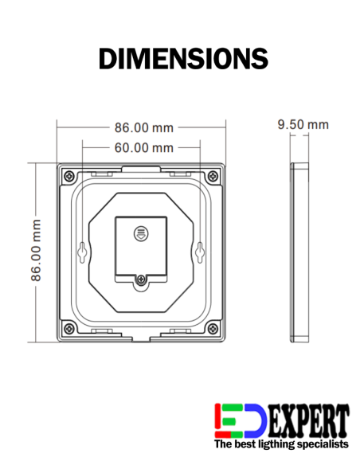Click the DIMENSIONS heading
(183, 58)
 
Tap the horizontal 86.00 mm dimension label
(144, 128)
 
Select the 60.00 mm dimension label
(144, 147)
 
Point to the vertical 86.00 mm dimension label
(36, 250)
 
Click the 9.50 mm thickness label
(303, 124)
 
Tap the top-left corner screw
(69, 176)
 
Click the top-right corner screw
(213, 176)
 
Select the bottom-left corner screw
(69, 328)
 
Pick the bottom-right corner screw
(213, 328)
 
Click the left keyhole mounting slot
(82, 252)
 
